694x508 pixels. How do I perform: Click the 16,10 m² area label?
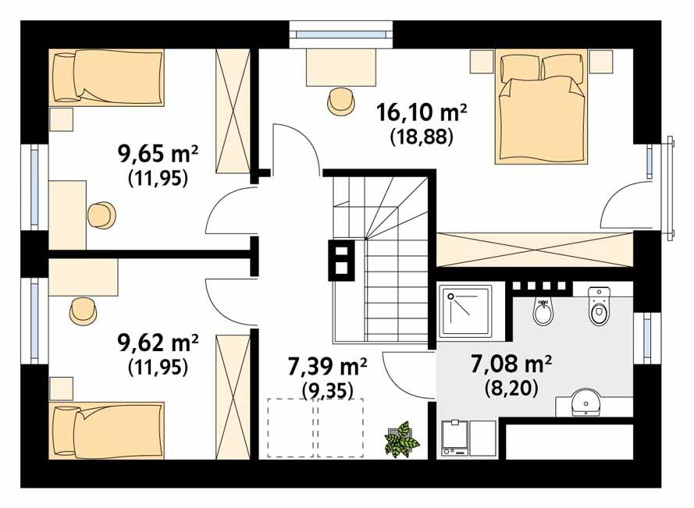pyautogui.click(x=421, y=113)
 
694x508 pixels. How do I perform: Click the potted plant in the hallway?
pyautogui.click(x=402, y=439)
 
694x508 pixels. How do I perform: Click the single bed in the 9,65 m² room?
pyautogui.click(x=107, y=76)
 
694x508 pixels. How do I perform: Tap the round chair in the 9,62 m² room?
pyautogui.click(x=82, y=311)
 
